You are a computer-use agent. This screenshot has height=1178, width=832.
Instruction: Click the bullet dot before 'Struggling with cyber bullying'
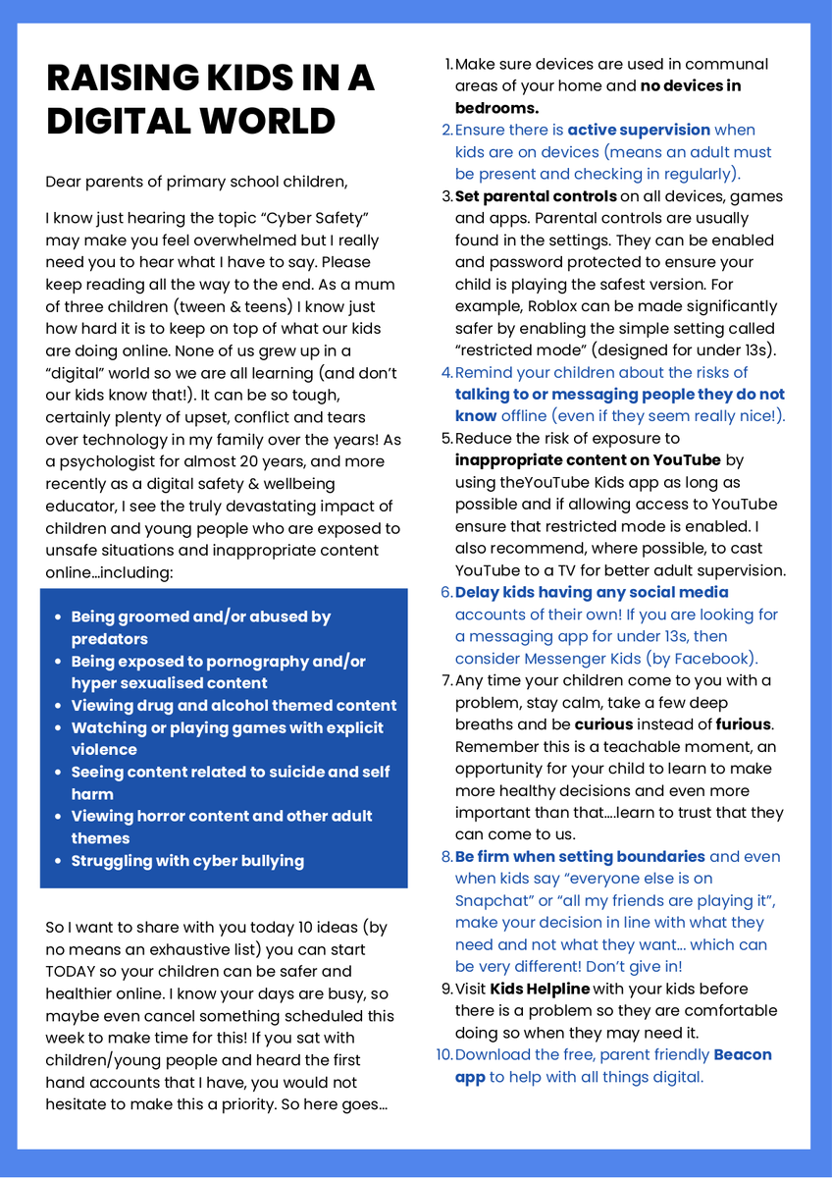58,861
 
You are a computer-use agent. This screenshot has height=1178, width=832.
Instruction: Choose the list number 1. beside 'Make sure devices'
448,65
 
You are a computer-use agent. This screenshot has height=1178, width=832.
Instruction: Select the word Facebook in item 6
717,659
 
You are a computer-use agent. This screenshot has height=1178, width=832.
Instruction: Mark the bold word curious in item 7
604,724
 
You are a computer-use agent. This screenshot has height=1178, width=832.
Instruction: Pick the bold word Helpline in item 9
557,989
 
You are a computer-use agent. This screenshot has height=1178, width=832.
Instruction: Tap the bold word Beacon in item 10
743,1055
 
